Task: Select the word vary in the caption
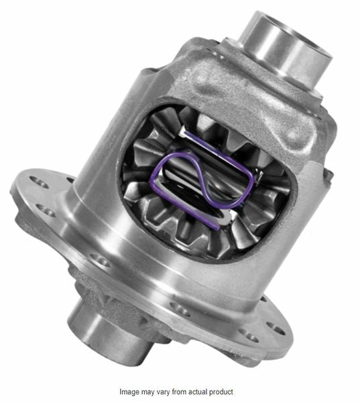170,391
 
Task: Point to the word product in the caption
229,391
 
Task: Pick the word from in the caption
185,391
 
